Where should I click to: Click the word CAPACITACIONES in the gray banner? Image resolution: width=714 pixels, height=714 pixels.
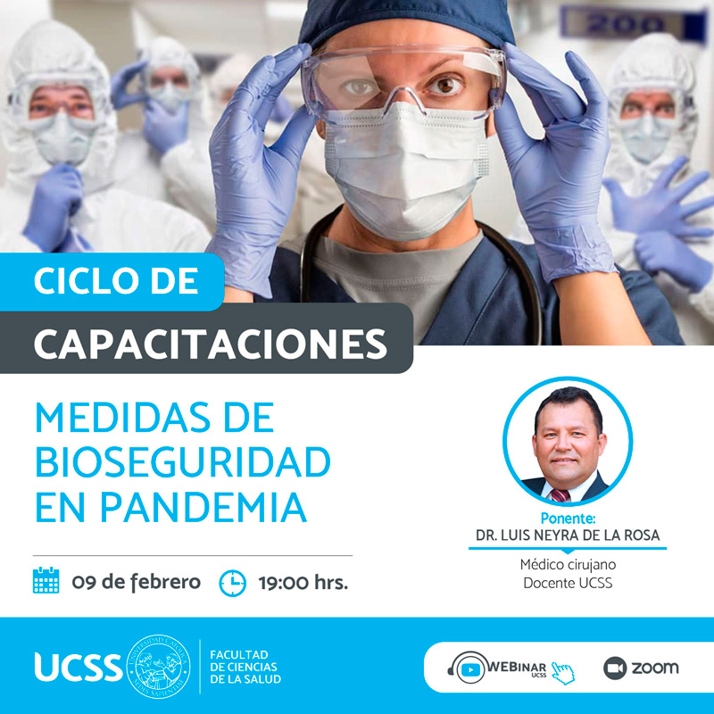tap(211, 344)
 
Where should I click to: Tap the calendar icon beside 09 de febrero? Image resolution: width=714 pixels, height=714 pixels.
tap(46, 580)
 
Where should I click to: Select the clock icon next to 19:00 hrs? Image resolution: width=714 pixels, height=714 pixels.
tap(233, 583)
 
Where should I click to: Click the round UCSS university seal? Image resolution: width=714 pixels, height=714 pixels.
tap(158, 667)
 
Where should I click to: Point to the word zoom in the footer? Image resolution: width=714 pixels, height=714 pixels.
tap(655, 668)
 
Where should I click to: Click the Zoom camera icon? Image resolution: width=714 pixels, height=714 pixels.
tap(615, 668)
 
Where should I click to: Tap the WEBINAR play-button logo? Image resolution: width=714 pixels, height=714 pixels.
tap(470, 668)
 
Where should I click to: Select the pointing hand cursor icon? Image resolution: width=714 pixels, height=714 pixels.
tap(563, 673)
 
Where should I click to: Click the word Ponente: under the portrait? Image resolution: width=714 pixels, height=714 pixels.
tap(568, 519)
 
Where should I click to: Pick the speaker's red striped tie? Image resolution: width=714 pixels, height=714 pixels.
tap(560, 495)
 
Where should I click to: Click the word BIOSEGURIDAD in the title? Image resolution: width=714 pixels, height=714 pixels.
tap(183, 462)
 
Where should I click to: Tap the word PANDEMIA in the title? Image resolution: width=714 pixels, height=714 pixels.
tap(203, 507)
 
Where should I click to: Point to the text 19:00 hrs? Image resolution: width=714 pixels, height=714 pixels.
tap(303, 583)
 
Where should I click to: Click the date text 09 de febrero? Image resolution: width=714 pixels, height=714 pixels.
tap(137, 583)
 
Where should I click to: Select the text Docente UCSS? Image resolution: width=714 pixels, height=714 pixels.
tap(568, 583)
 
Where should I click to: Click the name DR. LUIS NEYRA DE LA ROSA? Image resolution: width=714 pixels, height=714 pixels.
tap(568, 535)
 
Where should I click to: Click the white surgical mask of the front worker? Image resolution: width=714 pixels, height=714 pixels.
tap(405, 170)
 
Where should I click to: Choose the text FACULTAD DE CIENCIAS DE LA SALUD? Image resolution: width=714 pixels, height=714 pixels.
tap(245, 667)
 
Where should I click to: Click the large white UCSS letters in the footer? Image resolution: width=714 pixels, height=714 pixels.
tap(78, 668)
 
